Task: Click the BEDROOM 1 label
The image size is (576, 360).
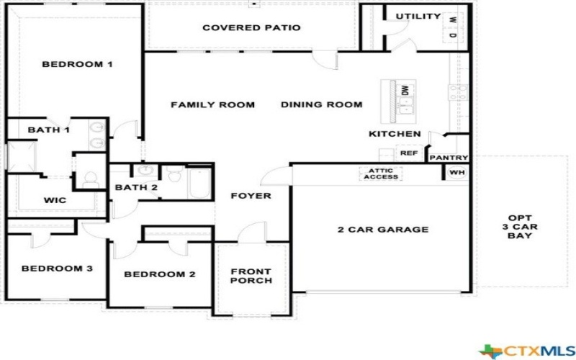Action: coord(77,64)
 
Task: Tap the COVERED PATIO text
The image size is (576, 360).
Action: coord(251,28)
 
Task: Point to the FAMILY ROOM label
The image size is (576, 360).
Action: coord(212,104)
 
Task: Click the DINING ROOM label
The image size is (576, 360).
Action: coord(321,104)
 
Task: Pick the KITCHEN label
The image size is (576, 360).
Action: coord(395,134)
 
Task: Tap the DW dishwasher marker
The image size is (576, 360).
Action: coord(405,90)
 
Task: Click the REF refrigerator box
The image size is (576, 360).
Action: coord(408,153)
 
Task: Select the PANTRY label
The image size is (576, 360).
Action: coord(449,158)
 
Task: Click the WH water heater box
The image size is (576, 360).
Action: coord(456,173)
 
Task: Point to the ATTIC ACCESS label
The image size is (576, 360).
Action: coord(381,174)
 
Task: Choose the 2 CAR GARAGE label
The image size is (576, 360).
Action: coord(383,230)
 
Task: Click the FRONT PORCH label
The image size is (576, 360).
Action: coord(251,276)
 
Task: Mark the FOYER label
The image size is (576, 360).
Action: coord(251,196)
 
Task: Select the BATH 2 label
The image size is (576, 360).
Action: coord(136,188)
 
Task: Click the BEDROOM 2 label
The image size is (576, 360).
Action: coord(159,274)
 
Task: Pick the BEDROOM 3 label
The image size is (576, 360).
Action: coord(57,269)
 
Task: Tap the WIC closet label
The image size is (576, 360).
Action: coord(55,200)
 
